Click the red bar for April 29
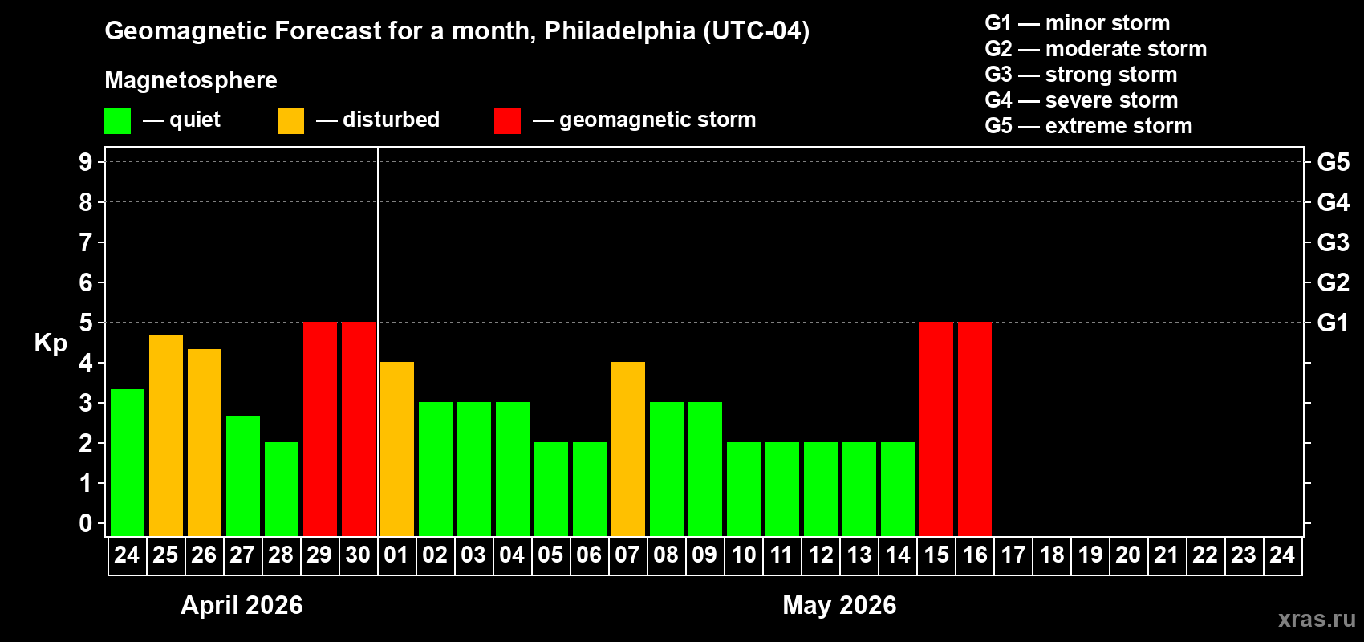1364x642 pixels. (x=320, y=429)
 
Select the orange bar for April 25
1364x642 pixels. (x=166, y=435)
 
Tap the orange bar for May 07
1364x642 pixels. (x=628, y=449)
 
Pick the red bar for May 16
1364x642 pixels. (x=975, y=429)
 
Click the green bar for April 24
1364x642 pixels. (x=128, y=462)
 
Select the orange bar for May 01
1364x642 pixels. (x=397, y=449)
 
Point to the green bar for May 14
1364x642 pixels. (x=898, y=489)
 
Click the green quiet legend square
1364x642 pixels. (x=117, y=121)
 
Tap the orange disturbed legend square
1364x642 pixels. (x=290, y=121)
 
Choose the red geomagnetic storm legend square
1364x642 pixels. (x=507, y=121)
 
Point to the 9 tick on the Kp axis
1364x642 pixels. (x=86, y=162)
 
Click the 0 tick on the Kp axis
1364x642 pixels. (x=86, y=523)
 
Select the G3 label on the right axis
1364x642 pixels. (x=1333, y=242)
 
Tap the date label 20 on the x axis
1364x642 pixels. (x=1128, y=555)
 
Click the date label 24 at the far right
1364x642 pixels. (x=1282, y=555)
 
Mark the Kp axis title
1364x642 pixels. (x=51, y=343)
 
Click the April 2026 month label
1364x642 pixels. (x=242, y=605)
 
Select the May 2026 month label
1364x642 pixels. (x=839, y=605)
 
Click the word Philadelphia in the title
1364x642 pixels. (x=619, y=31)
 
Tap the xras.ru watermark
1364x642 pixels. (x=1317, y=619)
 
